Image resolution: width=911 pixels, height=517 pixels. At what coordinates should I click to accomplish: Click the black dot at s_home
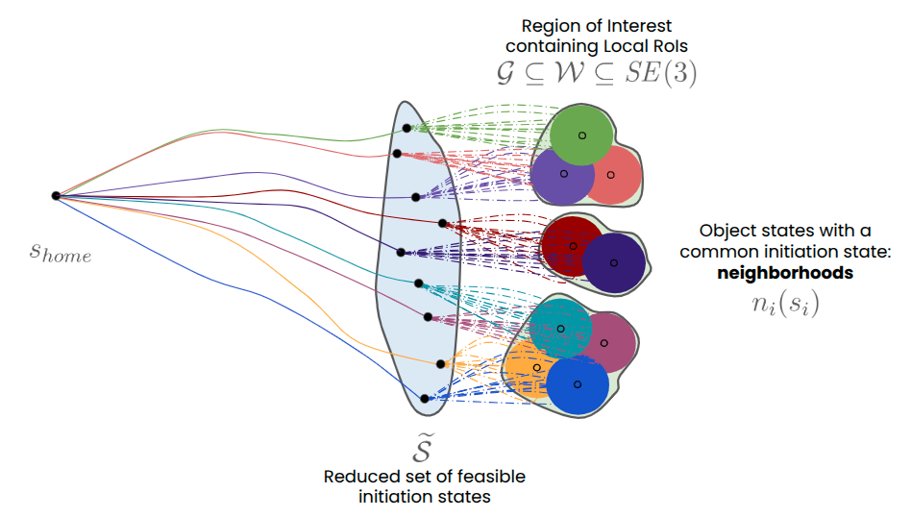(56, 195)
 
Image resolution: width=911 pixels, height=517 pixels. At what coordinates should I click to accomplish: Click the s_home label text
(60, 254)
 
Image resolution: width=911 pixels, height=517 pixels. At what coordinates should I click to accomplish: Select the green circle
(581, 134)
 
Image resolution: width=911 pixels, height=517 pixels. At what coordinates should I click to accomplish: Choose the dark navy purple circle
(614, 262)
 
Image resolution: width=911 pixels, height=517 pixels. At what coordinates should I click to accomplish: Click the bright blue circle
(578, 384)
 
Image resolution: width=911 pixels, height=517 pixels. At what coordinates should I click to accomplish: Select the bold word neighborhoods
(785, 272)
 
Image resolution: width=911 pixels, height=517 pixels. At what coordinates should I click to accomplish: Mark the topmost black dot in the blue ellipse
(406, 127)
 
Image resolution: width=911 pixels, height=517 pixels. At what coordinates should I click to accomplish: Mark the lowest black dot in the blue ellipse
(424, 398)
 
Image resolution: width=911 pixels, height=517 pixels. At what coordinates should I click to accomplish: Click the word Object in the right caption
(726, 231)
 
